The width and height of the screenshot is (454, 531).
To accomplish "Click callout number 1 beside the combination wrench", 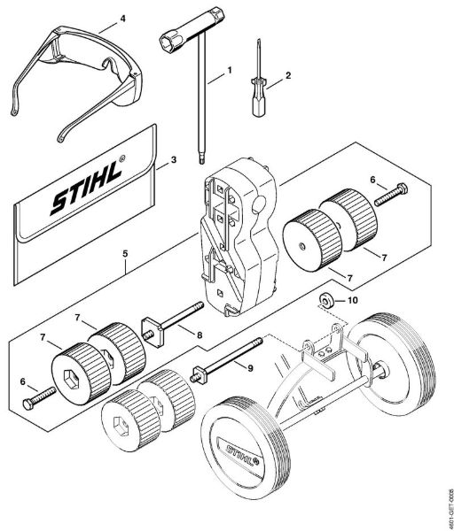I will pyautogui.click(x=229, y=68).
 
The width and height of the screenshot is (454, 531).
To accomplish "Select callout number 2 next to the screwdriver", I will pyautogui.click(x=287, y=77).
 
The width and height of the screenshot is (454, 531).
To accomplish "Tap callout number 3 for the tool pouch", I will pyautogui.click(x=173, y=160).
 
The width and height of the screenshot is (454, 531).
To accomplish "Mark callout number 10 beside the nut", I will pyautogui.click(x=352, y=300).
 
